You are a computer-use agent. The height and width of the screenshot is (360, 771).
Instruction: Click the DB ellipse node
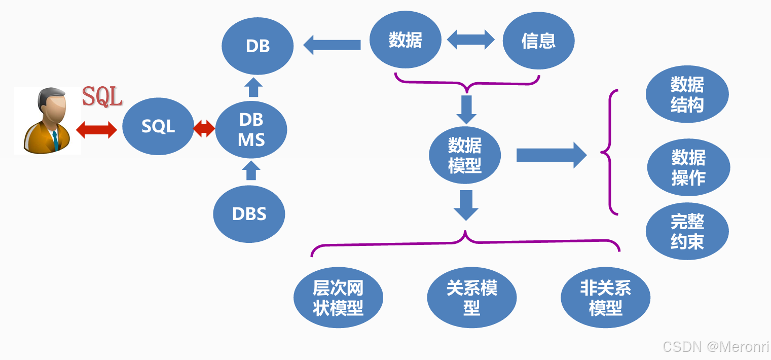tap(258, 46)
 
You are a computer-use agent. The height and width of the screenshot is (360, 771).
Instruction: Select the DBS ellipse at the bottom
tap(249, 213)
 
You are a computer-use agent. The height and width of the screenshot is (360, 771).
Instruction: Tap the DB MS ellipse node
tap(251, 130)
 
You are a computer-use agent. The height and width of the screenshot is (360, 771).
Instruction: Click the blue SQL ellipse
tap(158, 126)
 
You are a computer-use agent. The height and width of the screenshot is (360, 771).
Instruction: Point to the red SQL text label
tap(102, 96)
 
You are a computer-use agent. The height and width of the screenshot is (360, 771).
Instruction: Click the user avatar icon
tap(47, 121)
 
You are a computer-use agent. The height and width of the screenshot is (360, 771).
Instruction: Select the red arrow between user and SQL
tap(96, 129)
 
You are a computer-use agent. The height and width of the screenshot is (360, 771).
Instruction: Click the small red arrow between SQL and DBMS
tap(204, 128)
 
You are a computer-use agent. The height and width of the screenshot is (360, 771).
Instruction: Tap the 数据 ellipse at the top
tap(405, 40)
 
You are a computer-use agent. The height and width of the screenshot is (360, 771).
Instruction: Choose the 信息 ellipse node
tap(538, 41)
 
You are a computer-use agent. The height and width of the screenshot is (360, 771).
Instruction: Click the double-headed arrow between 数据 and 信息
tap(471, 40)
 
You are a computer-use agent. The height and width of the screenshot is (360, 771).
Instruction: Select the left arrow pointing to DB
tap(332, 45)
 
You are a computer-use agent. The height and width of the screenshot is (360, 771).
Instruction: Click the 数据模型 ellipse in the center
tap(464, 156)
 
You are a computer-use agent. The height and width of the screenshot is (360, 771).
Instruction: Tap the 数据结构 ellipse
tap(687, 95)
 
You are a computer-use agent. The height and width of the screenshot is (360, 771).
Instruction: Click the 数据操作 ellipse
tap(688, 167)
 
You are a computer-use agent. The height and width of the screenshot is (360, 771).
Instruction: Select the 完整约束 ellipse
tap(687, 231)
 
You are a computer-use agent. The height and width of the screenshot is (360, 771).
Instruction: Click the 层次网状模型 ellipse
tap(338, 298)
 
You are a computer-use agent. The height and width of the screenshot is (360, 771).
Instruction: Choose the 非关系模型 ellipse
tap(605, 298)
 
